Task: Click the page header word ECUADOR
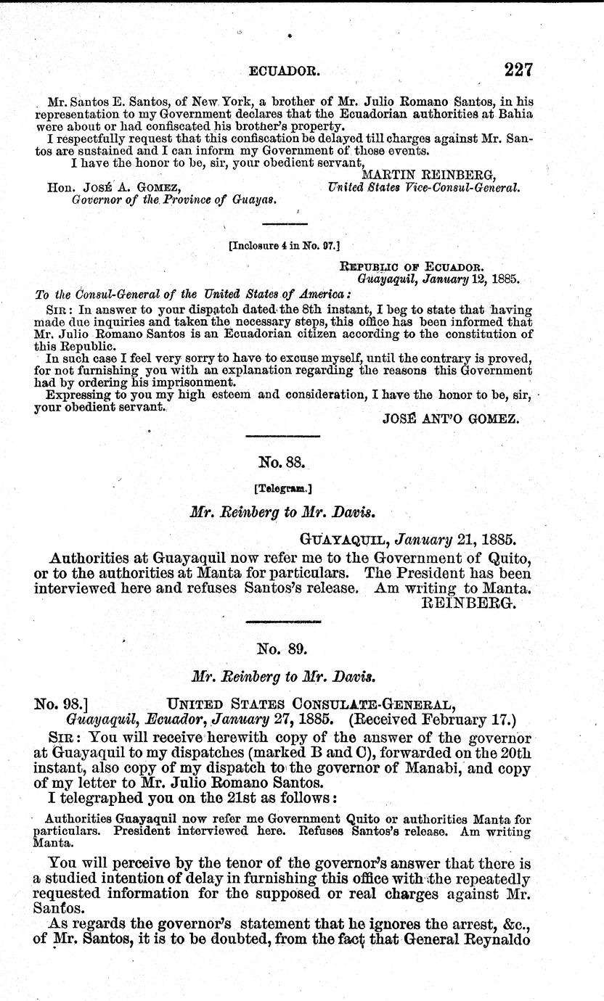click(280, 72)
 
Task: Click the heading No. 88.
click(276, 461)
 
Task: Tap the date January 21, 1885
click(453, 540)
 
